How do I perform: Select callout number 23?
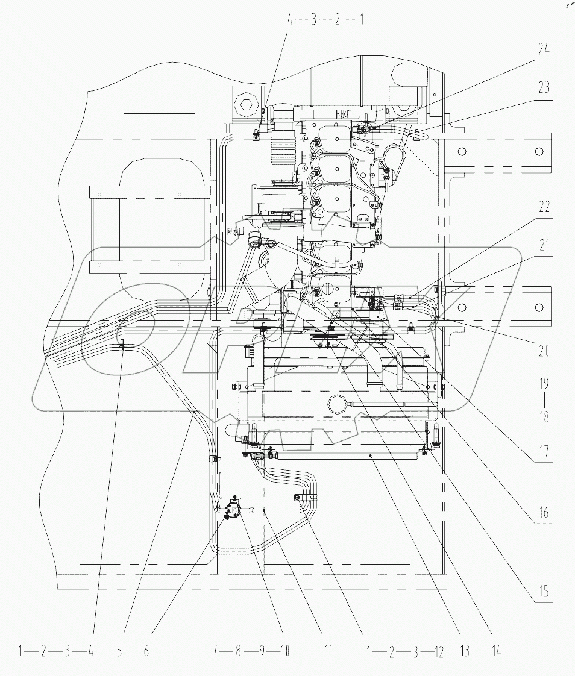click(544, 87)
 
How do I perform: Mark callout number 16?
click(544, 513)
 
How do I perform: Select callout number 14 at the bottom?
click(495, 651)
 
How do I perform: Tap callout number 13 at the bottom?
click(465, 651)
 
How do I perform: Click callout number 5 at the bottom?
click(119, 651)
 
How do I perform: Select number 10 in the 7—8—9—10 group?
click(283, 651)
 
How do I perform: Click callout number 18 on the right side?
click(544, 416)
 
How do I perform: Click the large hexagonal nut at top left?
click(246, 107)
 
